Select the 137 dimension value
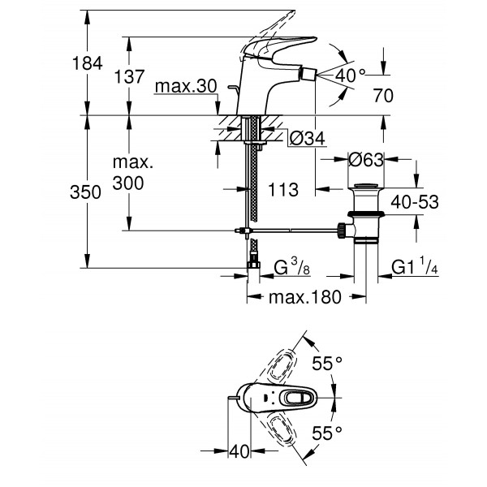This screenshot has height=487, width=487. [128, 77]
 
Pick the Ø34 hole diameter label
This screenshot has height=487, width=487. [307, 139]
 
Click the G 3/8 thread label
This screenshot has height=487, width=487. [291, 267]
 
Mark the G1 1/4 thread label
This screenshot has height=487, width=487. [415, 267]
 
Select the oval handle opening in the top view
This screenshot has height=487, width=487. [295, 398]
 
